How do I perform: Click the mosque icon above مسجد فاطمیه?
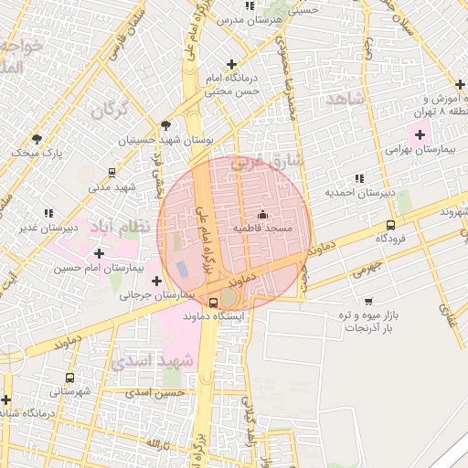[x=262, y=215]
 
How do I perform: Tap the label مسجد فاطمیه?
[x=262, y=228]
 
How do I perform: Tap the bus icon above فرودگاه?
[x=390, y=225]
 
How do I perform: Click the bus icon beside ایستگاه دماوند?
[x=213, y=303]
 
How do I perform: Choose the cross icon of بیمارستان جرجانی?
[x=157, y=281]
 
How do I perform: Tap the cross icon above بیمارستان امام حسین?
[x=99, y=252]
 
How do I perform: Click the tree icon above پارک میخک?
[x=37, y=139]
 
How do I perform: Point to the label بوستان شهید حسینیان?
[x=169, y=141]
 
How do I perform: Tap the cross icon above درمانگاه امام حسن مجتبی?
[x=231, y=64]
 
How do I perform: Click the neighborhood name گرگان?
[x=109, y=111]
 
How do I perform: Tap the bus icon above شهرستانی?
[x=70, y=377]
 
